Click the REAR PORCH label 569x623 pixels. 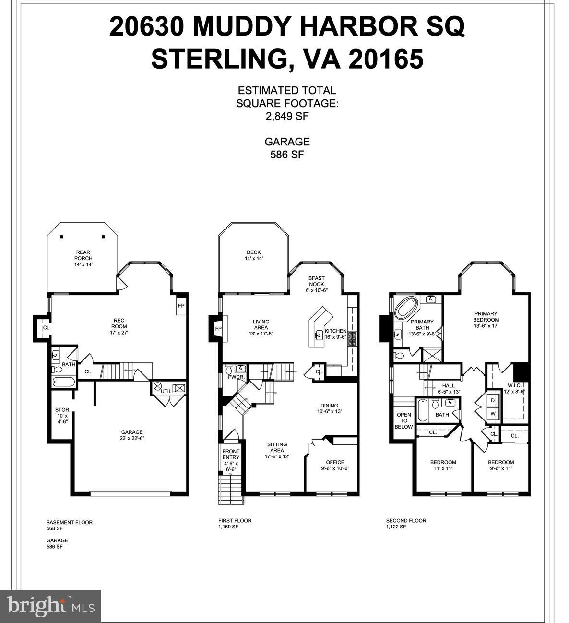pyautogui.click(x=83, y=258)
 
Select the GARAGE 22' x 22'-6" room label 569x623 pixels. pyautogui.click(x=131, y=435)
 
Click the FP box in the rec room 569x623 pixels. pyautogui.click(x=181, y=306)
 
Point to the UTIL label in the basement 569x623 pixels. pyautogui.click(x=166, y=391)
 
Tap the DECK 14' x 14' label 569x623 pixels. pyautogui.click(x=253, y=255)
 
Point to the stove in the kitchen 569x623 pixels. pyautogui.click(x=353, y=339)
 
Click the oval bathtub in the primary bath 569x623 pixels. pyautogui.click(x=406, y=308)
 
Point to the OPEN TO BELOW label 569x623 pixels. pyautogui.click(x=403, y=420)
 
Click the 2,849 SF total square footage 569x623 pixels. pyautogui.click(x=287, y=116)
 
